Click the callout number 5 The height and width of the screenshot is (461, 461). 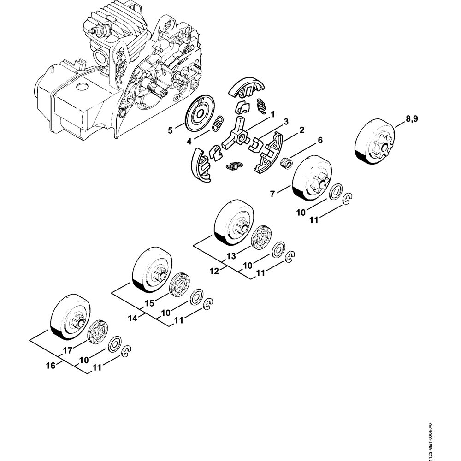coord(170,130)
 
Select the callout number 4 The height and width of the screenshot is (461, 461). coord(189,142)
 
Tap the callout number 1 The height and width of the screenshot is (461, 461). coord(272,113)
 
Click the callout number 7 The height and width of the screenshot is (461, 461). coord(272,194)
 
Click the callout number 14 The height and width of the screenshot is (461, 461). coord(133,319)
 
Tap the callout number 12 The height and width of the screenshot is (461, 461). coord(214,272)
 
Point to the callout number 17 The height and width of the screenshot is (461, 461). coord(67,350)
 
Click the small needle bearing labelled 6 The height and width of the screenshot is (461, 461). coord(288,162)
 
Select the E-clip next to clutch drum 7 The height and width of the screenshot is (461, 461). coord(349,198)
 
